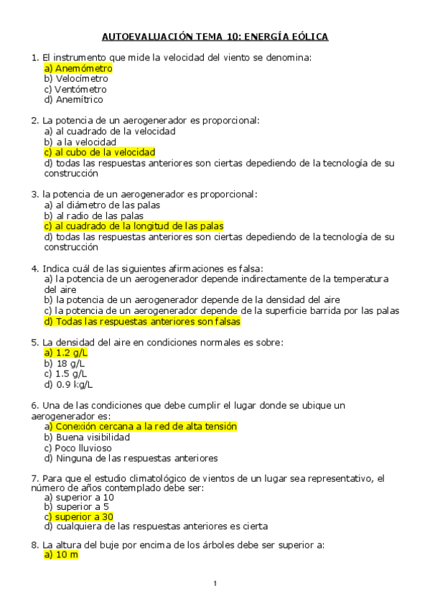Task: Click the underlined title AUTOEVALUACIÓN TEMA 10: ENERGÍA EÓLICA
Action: coord(215,37)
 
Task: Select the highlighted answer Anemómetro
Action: coord(78,68)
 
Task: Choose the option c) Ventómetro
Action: coord(75,90)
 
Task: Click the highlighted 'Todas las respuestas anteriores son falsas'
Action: coord(142,322)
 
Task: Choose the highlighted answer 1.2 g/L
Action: coord(66,353)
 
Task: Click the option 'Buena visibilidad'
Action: coord(87,437)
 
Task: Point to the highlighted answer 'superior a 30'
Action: coord(78,516)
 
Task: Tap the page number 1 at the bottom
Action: coord(215,582)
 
